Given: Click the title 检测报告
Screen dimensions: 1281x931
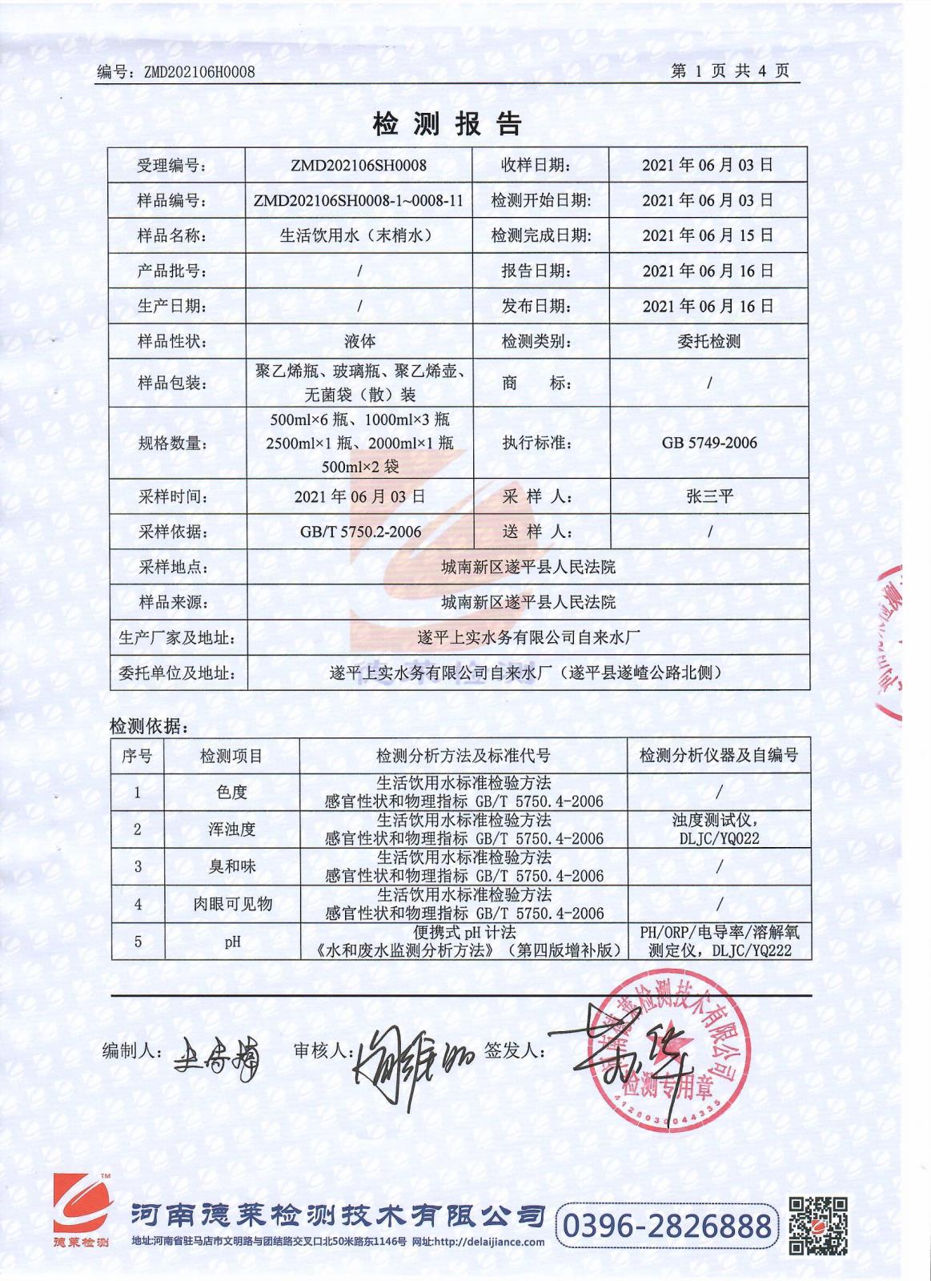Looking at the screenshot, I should [x=447, y=123].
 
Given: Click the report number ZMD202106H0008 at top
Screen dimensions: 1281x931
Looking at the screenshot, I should [x=199, y=72].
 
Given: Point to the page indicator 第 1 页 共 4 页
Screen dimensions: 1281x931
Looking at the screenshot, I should [x=730, y=70].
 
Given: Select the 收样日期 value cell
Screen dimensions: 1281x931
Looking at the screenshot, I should [x=708, y=166].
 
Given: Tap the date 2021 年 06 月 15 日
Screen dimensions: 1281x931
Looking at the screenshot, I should [x=708, y=235].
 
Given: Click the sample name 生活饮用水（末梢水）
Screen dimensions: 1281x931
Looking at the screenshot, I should [x=359, y=235].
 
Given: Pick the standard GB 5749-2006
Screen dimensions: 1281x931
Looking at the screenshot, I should [x=708, y=443].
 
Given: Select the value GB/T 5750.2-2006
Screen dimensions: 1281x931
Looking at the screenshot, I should [x=359, y=532].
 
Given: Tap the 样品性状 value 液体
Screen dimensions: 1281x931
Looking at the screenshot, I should [x=359, y=342].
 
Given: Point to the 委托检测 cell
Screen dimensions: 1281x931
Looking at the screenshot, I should [x=708, y=342].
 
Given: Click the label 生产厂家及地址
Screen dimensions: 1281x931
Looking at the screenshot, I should [x=177, y=638].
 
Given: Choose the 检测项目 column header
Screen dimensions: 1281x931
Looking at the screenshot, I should [x=231, y=755].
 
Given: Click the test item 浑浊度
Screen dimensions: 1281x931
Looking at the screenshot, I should [x=231, y=829].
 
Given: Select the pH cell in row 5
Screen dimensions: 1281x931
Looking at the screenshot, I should [x=232, y=942].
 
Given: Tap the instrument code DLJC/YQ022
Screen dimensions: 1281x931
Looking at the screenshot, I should [x=718, y=838].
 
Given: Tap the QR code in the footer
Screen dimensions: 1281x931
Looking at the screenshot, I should [x=818, y=1226].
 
